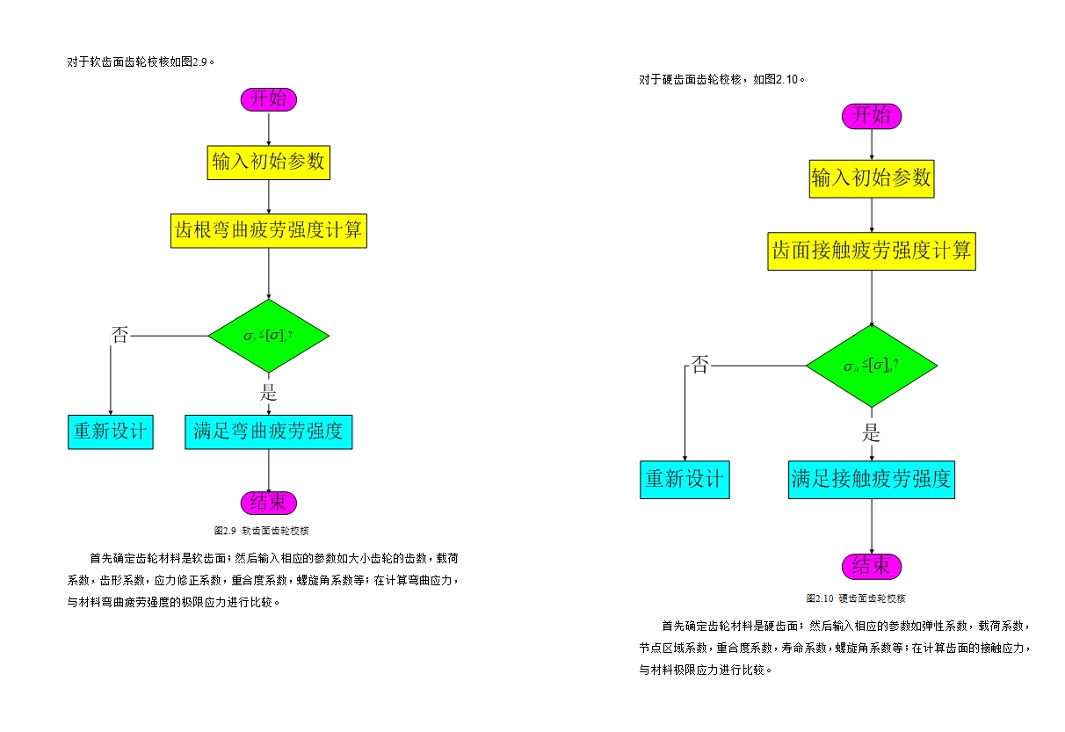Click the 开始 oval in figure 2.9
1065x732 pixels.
(x=269, y=99)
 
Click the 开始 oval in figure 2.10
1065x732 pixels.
(x=872, y=116)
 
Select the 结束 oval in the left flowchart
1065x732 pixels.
(x=269, y=503)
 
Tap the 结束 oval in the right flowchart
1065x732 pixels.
(x=872, y=566)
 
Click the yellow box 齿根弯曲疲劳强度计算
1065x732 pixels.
(x=268, y=231)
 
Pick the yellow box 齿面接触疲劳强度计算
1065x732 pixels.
(x=872, y=251)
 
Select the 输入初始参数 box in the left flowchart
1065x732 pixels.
(x=268, y=163)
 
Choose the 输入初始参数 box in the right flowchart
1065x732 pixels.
(x=872, y=178)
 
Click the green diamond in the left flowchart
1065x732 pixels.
(x=268, y=336)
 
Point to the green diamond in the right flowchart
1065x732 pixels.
(x=872, y=366)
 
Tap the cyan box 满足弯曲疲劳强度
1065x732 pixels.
(x=268, y=432)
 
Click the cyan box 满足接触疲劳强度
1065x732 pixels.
(x=871, y=480)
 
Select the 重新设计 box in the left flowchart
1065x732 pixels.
(x=111, y=432)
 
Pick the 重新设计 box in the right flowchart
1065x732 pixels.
(x=685, y=480)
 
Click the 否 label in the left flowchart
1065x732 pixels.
(x=120, y=335)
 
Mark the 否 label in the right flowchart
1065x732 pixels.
(x=699, y=365)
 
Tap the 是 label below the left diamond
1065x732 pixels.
(x=269, y=392)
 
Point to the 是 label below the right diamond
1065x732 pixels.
(x=871, y=432)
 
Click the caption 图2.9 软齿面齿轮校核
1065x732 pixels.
(x=262, y=531)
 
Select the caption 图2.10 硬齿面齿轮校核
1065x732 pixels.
(x=855, y=598)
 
